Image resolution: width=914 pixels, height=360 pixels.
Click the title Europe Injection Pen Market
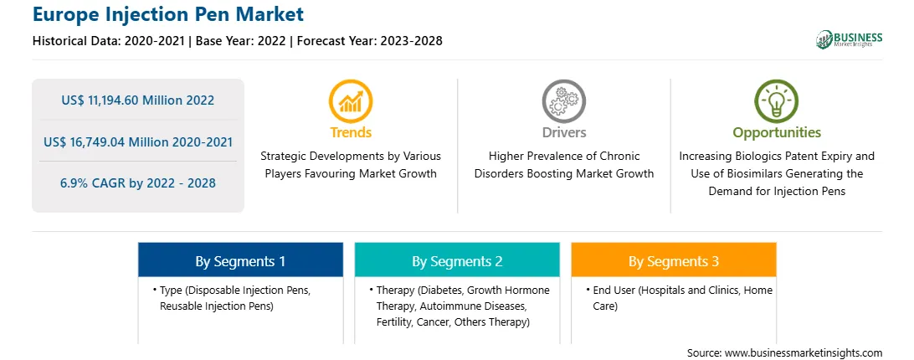coord(168,14)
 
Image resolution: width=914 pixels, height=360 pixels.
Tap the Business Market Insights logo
coord(849,39)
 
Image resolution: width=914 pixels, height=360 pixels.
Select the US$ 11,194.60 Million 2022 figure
coord(137,100)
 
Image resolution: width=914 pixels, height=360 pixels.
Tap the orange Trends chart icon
coord(351,101)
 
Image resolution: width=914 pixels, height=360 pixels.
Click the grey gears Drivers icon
coord(563,101)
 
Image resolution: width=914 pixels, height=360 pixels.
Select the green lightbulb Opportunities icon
coord(777,101)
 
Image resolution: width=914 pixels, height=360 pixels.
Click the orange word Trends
coord(351,132)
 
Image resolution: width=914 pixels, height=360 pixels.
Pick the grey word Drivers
coord(563,132)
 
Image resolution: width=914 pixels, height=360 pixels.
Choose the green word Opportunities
coord(777,133)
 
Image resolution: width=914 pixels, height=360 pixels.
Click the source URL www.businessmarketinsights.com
coord(804,353)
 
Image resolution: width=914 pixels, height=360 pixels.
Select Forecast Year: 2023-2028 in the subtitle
coord(370,41)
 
